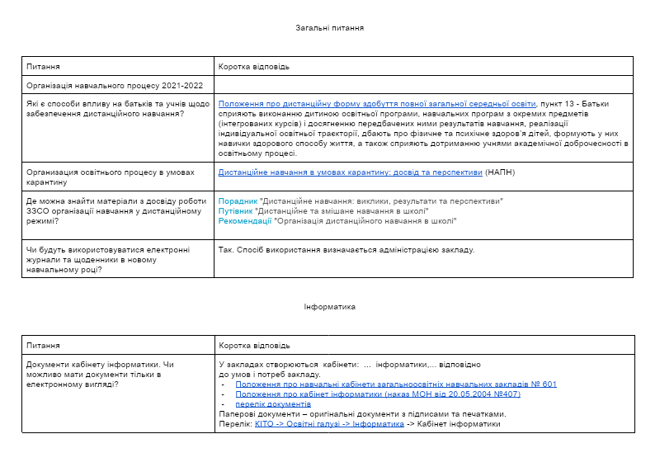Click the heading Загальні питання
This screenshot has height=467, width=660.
(330, 28)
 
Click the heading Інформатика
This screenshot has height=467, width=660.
(330, 307)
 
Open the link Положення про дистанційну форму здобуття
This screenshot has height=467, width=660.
(377, 104)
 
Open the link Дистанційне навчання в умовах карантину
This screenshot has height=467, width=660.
(350, 172)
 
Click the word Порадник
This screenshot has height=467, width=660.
(238, 201)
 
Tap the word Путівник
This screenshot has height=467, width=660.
(237, 211)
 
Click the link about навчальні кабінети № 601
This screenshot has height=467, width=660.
(396, 384)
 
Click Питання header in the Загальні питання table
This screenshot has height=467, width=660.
(43, 66)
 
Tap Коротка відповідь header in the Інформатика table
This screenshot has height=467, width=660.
(254, 345)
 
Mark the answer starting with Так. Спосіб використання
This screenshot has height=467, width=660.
(346, 250)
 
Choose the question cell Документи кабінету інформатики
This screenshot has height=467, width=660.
(101, 374)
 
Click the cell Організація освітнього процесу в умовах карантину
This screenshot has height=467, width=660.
(111, 177)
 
